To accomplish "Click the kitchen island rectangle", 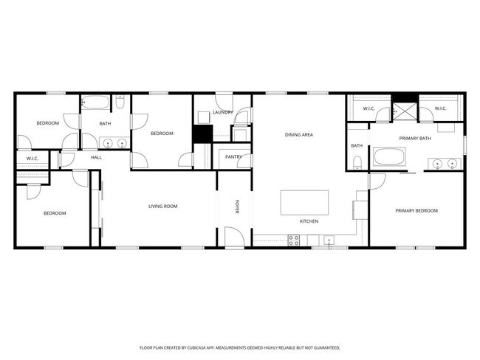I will (x=304, y=202).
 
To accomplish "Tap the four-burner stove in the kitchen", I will (x=293, y=239).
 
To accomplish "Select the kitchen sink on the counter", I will (x=329, y=239).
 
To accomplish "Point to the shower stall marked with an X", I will (x=405, y=111).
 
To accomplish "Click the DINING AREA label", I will (x=300, y=135).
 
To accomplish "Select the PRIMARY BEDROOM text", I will (x=416, y=211).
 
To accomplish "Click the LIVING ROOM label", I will (x=162, y=207).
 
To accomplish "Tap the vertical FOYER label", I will (x=238, y=207).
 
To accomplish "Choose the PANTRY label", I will (x=234, y=156).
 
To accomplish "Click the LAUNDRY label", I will (x=223, y=112).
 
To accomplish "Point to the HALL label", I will (x=96, y=157).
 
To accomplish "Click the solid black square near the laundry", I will (x=202, y=134).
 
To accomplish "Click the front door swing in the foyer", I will (x=233, y=235).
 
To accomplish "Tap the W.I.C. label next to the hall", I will (x=32, y=159).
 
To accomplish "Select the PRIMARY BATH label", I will (x=414, y=139).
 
